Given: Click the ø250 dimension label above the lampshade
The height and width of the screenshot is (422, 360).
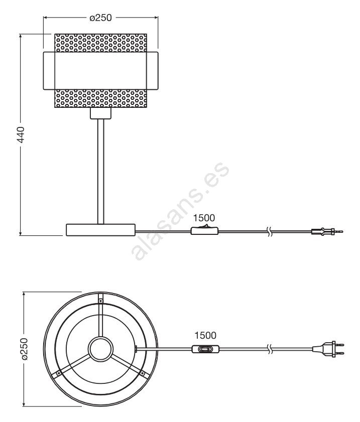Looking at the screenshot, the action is pos(100,18).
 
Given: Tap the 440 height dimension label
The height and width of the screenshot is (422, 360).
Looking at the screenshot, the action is pos(21,134).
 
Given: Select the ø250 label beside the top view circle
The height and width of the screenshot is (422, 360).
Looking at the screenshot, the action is pos(24,349).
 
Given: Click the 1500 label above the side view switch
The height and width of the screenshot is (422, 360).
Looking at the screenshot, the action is pos(204,218).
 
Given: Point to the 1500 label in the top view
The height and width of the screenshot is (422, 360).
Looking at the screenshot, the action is pos(205,335).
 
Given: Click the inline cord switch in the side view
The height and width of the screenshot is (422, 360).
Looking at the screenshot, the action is pos(205,230).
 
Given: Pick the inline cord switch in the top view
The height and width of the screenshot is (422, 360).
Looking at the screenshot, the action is pos(206,349).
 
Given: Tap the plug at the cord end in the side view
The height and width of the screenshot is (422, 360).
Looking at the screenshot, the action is pos(327,231).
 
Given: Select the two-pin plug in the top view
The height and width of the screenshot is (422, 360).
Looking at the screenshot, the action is pos(328,349).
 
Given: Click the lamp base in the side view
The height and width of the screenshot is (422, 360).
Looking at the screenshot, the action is pos(101,230).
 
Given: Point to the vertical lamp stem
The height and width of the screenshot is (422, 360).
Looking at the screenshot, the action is pos(101,171).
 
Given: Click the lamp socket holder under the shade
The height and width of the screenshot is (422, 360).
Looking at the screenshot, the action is pos(101,113).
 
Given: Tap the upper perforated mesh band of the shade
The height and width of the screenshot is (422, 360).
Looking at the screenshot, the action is pos(101,43).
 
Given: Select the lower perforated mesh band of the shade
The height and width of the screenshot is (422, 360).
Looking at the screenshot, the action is pos(101,98).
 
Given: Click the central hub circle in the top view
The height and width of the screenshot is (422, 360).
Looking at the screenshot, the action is pos(101,349).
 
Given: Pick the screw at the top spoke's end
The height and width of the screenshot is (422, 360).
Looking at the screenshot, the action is pos(100,300).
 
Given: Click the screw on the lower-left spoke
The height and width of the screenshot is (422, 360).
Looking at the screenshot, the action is pos(58,373).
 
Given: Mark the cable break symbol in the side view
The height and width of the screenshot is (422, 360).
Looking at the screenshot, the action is pos(269,231).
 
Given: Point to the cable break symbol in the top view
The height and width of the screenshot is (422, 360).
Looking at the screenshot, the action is pos(269,349).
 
